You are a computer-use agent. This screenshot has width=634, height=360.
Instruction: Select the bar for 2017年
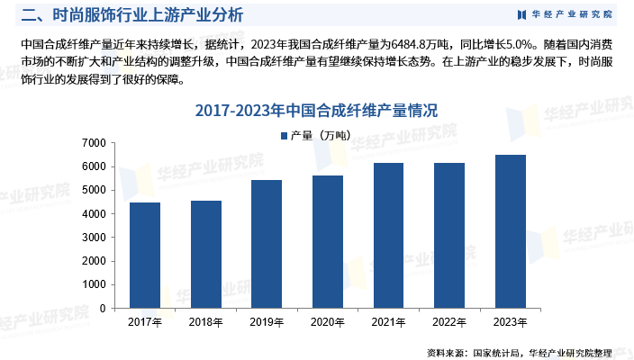(x=145, y=256)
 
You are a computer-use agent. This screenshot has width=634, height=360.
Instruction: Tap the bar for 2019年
(x=267, y=244)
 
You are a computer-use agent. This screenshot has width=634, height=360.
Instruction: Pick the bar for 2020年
(x=328, y=242)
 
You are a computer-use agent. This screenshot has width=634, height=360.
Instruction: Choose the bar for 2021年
(x=389, y=236)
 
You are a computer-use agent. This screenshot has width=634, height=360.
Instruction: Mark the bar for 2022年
(x=449, y=236)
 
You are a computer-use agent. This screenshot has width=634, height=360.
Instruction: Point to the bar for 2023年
(x=511, y=231)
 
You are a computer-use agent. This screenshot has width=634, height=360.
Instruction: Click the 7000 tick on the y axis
(x=94, y=143)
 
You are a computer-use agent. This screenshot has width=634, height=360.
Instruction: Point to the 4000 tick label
(x=94, y=214)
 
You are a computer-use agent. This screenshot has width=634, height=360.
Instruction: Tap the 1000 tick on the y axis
(x=94, y=284)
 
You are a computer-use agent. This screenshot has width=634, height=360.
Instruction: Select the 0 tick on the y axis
(x=102, y=308)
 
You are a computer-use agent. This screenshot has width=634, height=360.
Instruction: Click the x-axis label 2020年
(x=328, y=322)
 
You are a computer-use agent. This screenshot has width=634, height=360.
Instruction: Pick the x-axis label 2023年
(x=511, y=322)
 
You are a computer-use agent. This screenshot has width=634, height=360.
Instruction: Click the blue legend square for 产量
(x=284, y=136)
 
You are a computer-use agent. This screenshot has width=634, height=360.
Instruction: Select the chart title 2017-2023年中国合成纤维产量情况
(x=316, y=112)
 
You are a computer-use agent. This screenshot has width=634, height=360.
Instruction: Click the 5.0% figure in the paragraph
(x=514, y=43)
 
